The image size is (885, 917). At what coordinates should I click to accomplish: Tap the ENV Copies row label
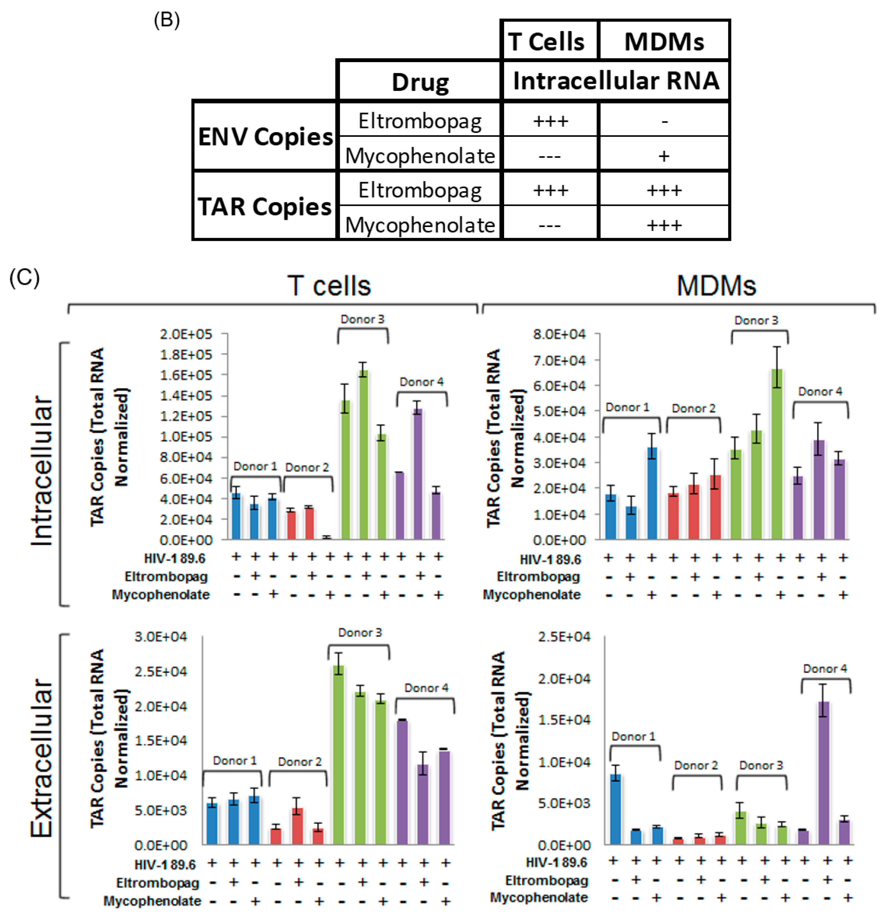265,137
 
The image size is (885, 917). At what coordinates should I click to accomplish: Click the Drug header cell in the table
419,82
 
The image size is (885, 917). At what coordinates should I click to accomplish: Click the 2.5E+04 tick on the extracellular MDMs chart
564,636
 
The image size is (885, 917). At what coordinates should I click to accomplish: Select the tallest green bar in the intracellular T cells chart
363,454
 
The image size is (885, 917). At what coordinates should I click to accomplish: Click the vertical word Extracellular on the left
41,758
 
